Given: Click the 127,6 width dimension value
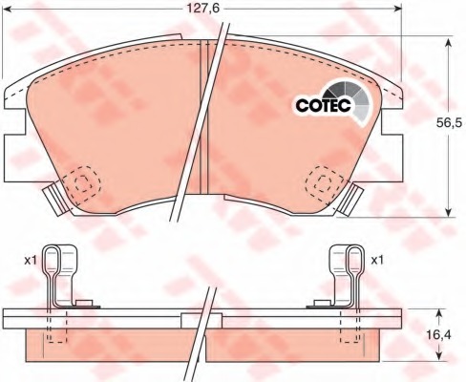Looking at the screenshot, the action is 202,9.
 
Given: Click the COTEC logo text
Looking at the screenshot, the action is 323,105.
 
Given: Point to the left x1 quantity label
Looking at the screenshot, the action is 31,261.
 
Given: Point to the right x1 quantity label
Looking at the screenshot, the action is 377,261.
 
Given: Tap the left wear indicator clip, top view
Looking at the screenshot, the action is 54,200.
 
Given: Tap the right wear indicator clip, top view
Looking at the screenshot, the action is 350,199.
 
